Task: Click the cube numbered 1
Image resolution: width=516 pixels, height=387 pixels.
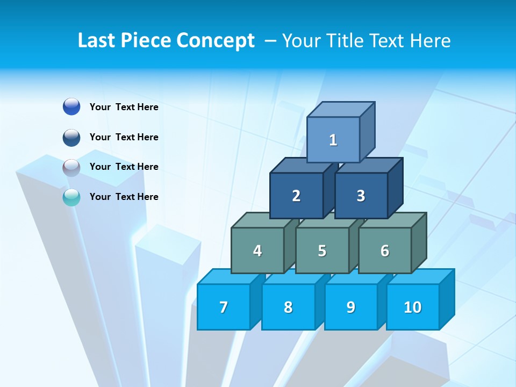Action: click(333, 140)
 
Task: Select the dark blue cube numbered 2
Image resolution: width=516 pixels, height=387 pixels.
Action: click(296, 196)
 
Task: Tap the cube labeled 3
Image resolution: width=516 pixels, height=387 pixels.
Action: click(361, 196)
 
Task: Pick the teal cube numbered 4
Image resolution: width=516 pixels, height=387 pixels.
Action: click(257, 250)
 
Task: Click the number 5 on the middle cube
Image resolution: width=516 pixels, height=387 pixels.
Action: click(322, 250)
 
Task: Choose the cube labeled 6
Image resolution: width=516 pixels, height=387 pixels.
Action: click(385, 250)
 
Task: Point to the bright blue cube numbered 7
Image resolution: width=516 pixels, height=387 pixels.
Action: click(224, 307)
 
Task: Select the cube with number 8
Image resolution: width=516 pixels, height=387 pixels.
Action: click(288, 307)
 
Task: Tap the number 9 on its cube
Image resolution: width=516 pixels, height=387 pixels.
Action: click(351, 307)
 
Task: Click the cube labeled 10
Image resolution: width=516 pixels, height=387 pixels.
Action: click(413, 307)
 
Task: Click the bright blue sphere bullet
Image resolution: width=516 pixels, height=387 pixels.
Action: click(71, 106)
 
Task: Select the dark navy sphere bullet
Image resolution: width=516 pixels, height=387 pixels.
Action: click(71, 137)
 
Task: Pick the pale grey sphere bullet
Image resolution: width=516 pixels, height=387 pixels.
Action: click(71, 167)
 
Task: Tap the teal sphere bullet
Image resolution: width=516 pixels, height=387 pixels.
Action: click(71, 197)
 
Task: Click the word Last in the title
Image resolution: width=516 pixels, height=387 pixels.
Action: click(96, 40)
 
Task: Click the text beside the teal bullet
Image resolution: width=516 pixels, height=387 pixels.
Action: click(124, 197)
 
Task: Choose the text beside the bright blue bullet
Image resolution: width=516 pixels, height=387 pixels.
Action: click(124, 107)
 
